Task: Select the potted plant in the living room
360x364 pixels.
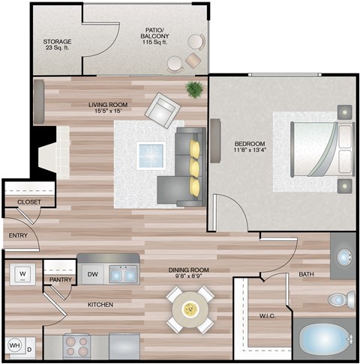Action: pos(195,91)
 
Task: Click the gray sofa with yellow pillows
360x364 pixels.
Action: pos(186,163)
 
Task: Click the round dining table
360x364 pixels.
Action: pos(190,309)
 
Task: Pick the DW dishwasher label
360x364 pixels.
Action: pos(91,274)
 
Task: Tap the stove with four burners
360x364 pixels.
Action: pos(77,346)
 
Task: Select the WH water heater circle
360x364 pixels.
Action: pos(15,345)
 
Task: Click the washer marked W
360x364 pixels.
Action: pos(22,273)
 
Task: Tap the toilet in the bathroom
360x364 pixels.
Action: pos(339,300)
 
